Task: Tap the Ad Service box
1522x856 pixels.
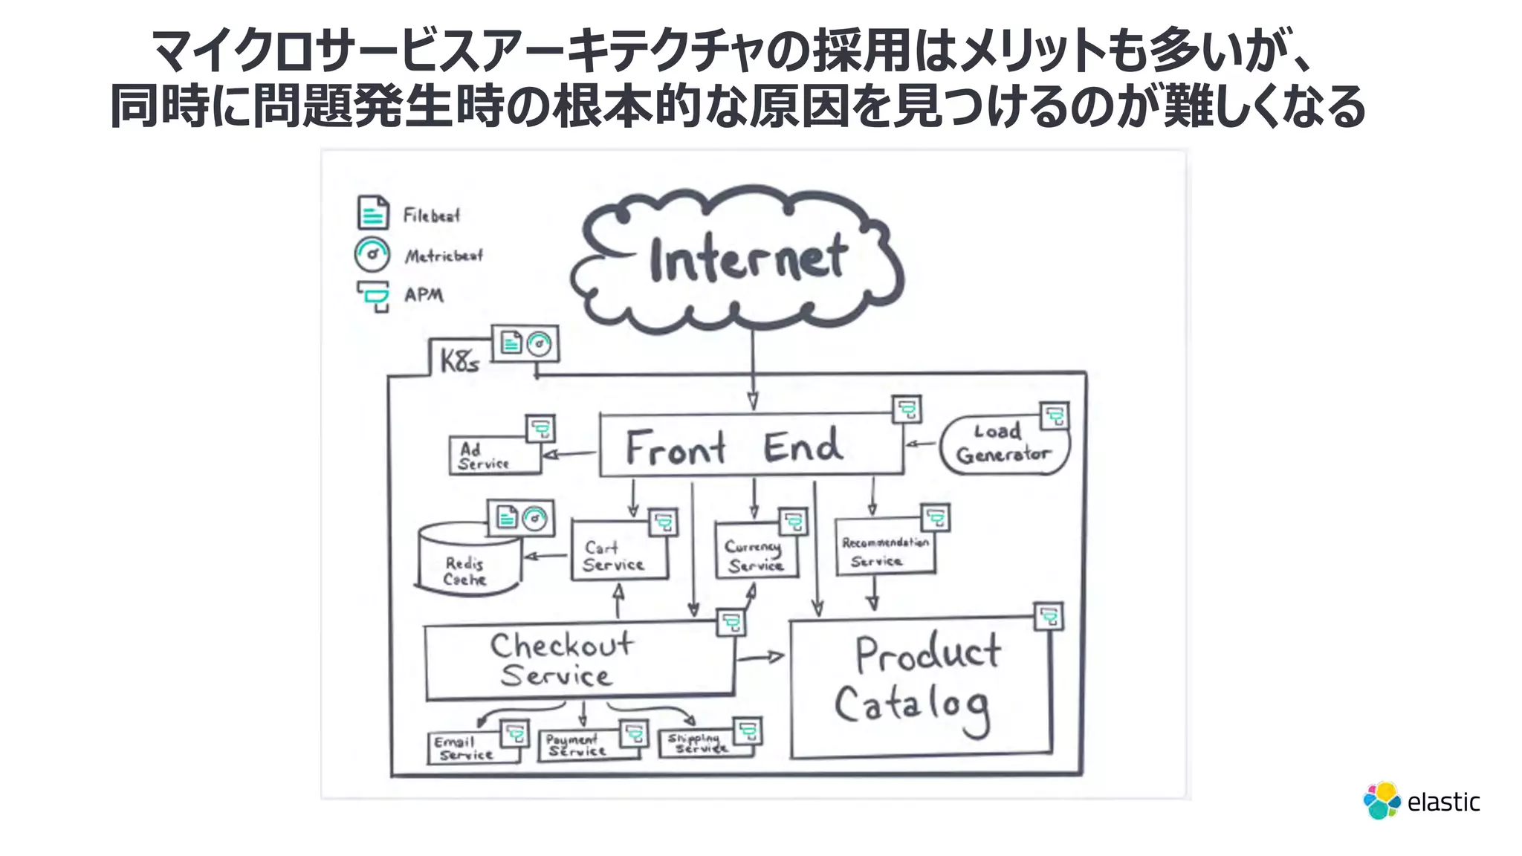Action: coord(494,455)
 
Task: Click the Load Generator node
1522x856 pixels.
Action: coord(1003,444)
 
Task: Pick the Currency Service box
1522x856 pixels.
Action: coord(755,554)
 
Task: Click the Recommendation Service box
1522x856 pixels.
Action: coord(884,550)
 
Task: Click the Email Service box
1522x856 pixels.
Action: coord(471,748)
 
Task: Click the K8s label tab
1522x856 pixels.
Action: coord(460,361)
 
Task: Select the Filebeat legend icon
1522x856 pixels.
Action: coord(373,213)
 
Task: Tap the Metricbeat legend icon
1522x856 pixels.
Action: coord(372,254)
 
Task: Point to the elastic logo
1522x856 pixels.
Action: coord(1421,801)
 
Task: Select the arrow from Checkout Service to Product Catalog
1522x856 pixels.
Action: coord(760,657)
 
